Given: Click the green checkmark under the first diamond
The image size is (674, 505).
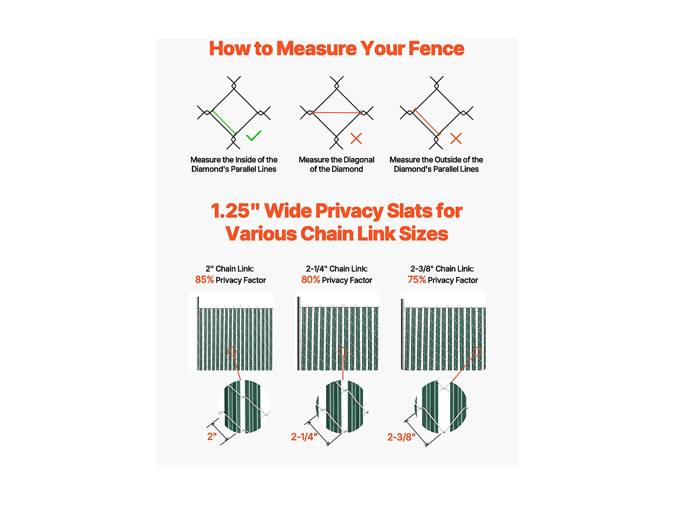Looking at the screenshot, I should pos(254,136).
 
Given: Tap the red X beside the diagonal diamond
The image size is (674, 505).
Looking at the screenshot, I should pos(356,138).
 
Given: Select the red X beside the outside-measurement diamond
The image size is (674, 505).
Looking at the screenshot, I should pos(456,138).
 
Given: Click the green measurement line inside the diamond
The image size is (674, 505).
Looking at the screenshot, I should pos(223,123).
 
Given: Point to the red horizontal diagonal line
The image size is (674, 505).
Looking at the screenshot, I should pos(337,113).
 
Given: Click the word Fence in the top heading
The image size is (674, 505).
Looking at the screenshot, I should pos(436,48).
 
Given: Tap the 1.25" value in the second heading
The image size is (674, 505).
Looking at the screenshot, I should pos(235,211).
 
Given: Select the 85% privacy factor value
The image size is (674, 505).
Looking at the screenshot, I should pos(204,280).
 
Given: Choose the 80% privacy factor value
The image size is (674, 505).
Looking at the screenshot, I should pos(310,280).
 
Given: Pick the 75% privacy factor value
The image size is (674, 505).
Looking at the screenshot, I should pos(417,280).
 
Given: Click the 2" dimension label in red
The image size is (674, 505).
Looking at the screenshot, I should pos(212,436).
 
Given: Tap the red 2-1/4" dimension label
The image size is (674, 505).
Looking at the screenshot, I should pos(304,437).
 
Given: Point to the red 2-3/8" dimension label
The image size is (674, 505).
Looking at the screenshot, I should pos(401,437).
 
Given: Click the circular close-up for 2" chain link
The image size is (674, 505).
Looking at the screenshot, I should pos(244,406).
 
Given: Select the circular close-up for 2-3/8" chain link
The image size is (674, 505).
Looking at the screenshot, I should pos(441,406).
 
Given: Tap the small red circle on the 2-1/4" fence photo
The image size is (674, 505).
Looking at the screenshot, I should pos(343,352).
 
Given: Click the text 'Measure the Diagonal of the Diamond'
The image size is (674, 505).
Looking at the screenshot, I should pos(337,164).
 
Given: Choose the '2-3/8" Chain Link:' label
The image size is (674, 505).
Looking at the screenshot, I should pos(442,269).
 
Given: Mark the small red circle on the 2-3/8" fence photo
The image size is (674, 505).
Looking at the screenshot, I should pos(477,352).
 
